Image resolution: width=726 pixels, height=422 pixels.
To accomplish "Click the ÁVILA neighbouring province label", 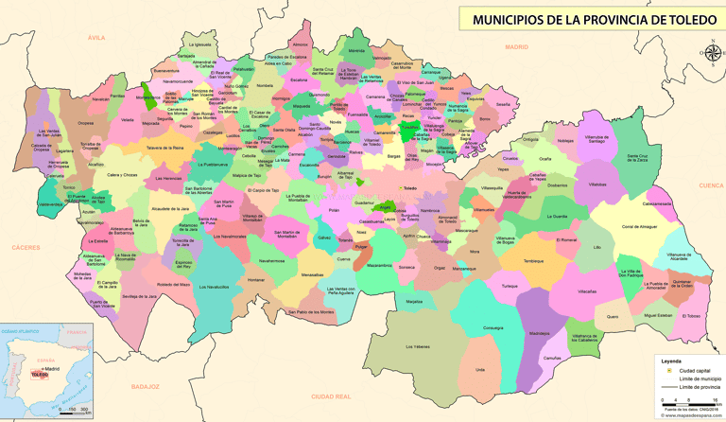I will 95,37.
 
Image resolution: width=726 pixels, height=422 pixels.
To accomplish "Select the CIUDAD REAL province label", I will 331,396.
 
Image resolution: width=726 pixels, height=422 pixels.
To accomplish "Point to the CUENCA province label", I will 710,185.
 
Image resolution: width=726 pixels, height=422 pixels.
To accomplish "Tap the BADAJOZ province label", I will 146,387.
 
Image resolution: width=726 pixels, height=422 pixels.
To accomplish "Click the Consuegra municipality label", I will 493,327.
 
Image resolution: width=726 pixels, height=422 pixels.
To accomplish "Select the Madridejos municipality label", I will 539,333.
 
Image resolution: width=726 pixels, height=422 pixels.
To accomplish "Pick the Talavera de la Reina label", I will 164,149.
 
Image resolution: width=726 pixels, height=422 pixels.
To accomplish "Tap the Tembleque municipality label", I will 534,261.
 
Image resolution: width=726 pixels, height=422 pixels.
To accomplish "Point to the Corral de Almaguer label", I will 639,227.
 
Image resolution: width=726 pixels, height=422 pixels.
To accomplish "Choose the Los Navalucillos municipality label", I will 214,286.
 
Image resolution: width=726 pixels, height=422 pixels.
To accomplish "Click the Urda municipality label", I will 480,369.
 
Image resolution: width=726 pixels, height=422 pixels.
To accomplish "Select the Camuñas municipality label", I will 552,358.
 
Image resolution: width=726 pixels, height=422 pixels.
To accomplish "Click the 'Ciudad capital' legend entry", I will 692,371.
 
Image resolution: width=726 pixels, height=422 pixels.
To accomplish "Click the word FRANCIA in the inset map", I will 76,332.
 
